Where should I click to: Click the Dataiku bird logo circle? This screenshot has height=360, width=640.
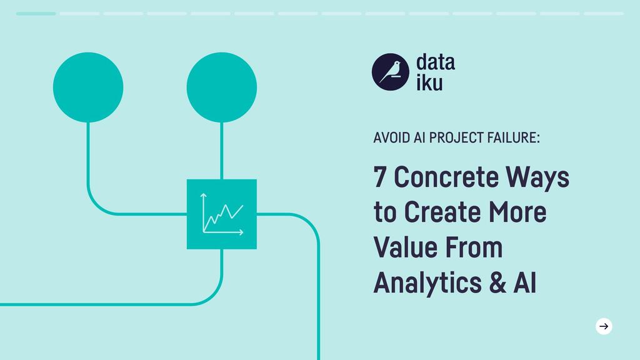(391, 72)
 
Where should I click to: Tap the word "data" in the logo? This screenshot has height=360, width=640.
(435, 62)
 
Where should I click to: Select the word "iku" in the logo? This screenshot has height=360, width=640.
(429, 82)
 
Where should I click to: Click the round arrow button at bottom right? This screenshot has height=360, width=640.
(604, 326)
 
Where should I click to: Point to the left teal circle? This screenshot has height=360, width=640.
(88, 87)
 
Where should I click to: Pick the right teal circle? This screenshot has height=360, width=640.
(222, 87)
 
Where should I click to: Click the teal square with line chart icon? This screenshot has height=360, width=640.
(222, 214)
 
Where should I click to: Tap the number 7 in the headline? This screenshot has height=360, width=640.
(379, 177)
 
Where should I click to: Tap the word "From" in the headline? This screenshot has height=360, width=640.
(474, 247)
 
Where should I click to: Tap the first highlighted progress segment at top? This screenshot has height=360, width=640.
(36, 13)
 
